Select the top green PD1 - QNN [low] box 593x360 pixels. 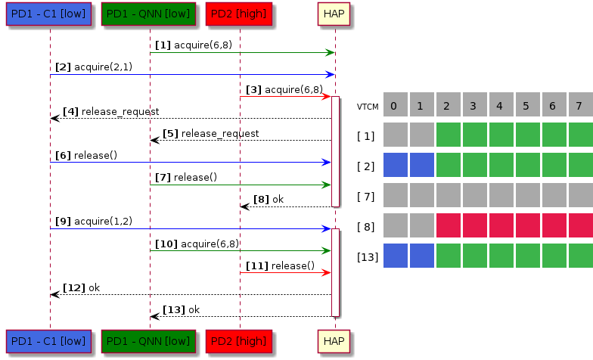click(x=149, y=14)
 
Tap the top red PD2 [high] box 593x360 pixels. click(x=239, y=14)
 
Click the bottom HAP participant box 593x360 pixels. click(x=335, y=341)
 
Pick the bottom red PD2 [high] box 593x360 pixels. click(x=239, y=341)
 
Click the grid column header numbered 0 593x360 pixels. click(x=395, y=104)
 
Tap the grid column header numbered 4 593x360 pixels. click(x=500, y=104)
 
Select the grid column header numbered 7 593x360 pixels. click(x=579, y=104)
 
